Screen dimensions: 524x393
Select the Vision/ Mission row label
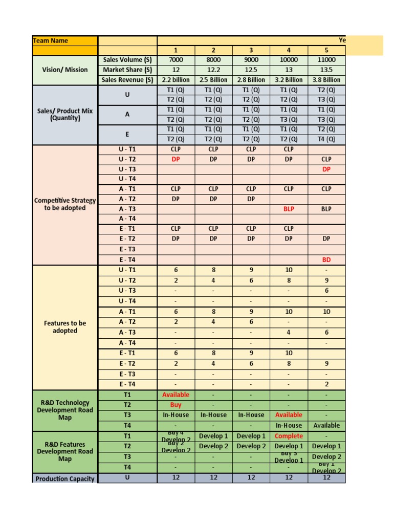point(64,70)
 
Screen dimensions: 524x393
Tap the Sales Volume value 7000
point(176,60)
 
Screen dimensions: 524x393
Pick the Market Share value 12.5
point(251,70)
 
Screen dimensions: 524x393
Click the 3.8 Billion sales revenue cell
point(326,80)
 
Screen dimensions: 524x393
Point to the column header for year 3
point(251,50)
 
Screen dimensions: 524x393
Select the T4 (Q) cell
point(326,139)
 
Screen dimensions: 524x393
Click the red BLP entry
point(289,209)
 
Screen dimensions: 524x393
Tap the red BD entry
point(326,259)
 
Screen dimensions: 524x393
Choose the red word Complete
point(289,436)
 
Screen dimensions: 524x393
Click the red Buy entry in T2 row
point(176,405)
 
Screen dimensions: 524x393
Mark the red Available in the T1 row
point(176,395)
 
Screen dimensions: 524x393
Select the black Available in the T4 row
point(326,425)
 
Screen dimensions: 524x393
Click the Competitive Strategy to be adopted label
point(64,204)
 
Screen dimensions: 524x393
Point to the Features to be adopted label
point(64,327)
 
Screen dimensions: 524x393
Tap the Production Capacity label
point(64,478)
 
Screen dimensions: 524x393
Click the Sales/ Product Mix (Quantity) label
point(64,114)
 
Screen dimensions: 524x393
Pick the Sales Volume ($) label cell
point(127,60)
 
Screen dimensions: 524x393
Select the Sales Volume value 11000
point(326,60)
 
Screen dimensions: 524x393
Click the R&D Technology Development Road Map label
point(64,410)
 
